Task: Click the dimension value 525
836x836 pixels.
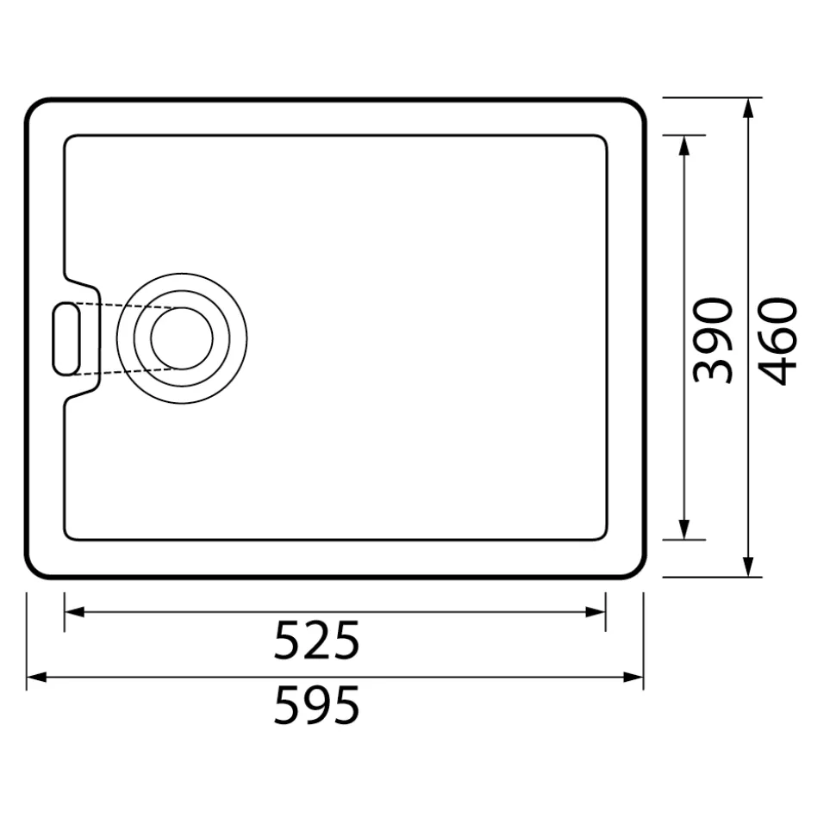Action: click(x=316, y=641)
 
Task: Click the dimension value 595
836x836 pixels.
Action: click(x=316, y=705)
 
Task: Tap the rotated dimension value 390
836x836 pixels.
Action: click(x=713, y=341)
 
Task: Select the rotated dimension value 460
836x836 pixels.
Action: click(x=777, y=341)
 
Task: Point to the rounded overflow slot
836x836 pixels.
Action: click(x=53, y=338)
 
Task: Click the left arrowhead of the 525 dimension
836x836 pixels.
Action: click(x=74, y=611)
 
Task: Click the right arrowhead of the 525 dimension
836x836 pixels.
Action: click(x=596, y=611)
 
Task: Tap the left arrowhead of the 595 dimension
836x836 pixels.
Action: click(x=36, y=678)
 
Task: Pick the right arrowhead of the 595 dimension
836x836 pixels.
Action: click(x=633, y=678)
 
